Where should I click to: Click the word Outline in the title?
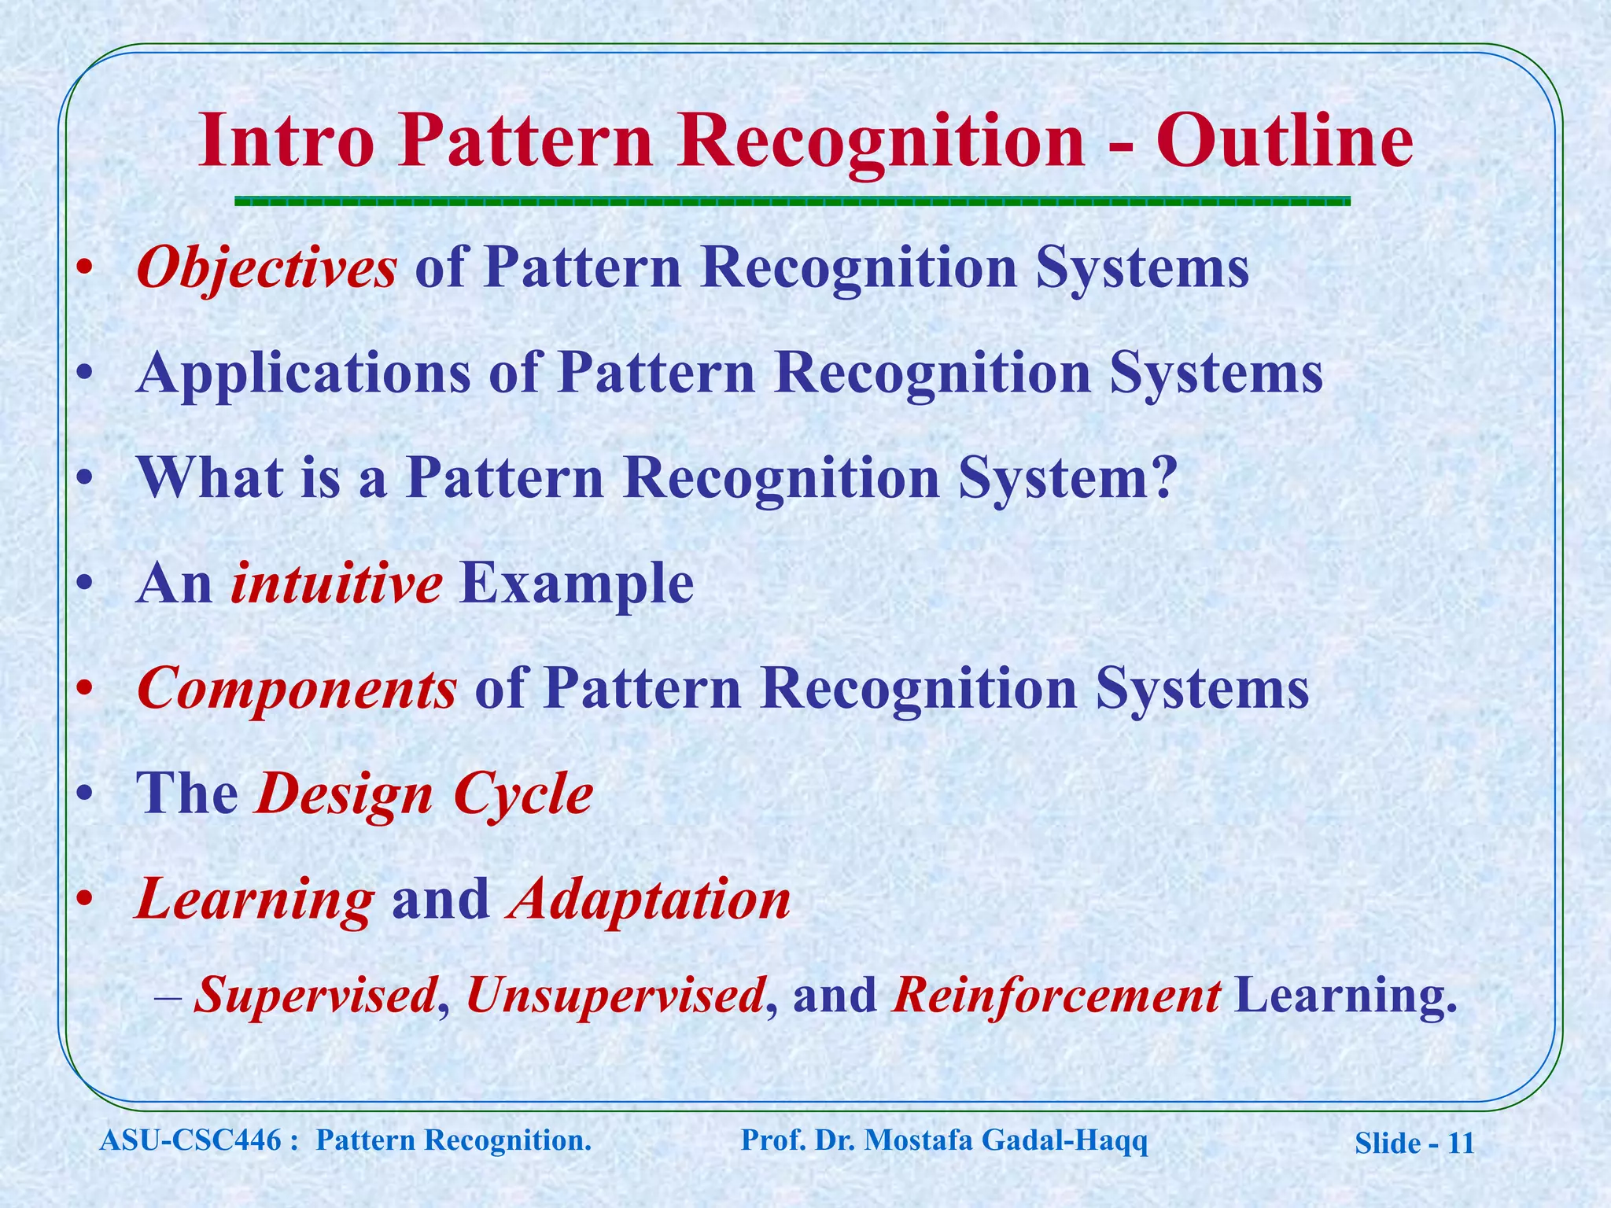(x=1284, y=142)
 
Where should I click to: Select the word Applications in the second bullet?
(x=303, y=374)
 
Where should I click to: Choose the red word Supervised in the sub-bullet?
(x=315, y=996)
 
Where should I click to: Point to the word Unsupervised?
(x=614, y=996)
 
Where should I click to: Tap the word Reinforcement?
(x=1056, y=996)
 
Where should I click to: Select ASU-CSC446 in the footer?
(x=190, y=1140)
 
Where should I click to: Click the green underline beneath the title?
(x=792, y=201)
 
